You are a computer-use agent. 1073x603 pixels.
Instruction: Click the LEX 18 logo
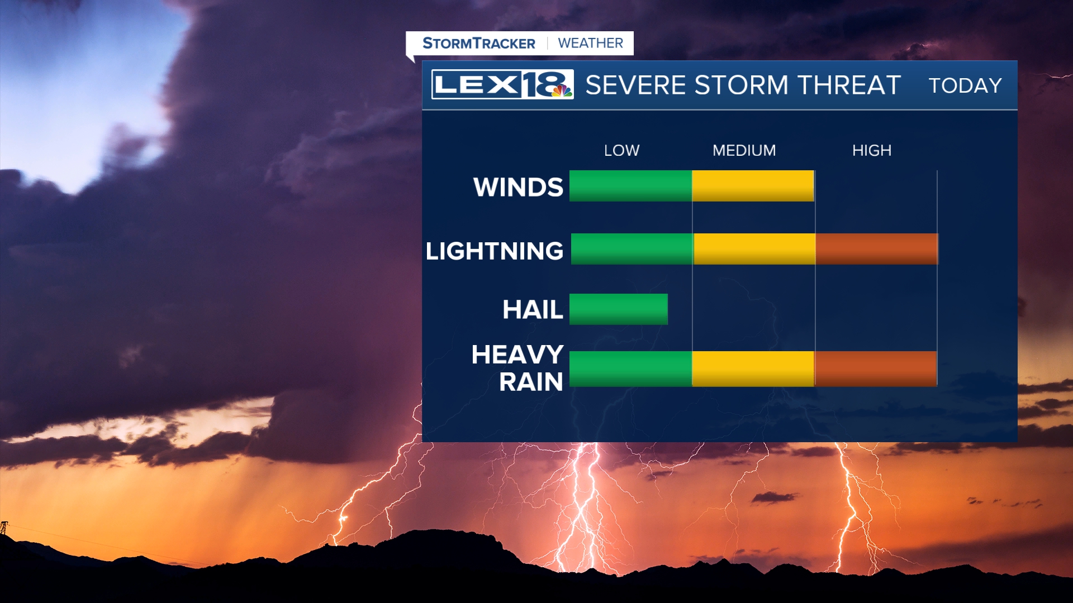click(x=502, y=84)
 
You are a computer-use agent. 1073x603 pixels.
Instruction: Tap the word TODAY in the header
click(x=965, y=85)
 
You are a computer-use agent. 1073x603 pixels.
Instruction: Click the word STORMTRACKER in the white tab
click(x=479, y=43)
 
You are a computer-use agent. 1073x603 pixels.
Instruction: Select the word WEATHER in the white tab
click(x=590, y=43)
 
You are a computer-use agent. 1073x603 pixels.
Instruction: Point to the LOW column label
click(x=621, y=150)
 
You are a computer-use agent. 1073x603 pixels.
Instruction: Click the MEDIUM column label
click(x=744, y=150)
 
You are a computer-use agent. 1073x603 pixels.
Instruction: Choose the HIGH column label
click(x=872, y=150)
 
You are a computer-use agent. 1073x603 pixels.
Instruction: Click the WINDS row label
click(x=518, y=187)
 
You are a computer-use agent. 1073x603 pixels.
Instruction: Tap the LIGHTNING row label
click(x=495, y=251)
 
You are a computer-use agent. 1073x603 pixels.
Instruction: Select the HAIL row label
click(x=533, y=309)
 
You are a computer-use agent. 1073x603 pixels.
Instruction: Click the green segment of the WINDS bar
click(x=630, y=186)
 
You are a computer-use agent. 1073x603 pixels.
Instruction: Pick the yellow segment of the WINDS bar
click(x=753, y=186)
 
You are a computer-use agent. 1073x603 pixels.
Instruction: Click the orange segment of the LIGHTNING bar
click(x=877, y=249)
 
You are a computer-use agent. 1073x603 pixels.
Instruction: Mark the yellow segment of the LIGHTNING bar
click(x=754, y=249)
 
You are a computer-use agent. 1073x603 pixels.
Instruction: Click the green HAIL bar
click(x=619, y=309)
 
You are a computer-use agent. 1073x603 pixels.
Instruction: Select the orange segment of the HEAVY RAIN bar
click(x=875, y=368)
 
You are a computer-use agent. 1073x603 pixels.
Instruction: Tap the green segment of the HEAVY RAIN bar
click(x=630, y=368)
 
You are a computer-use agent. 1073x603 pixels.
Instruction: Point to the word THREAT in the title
click(x=849, y=85)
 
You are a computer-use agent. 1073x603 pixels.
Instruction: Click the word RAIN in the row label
click(x=531, y=382)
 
